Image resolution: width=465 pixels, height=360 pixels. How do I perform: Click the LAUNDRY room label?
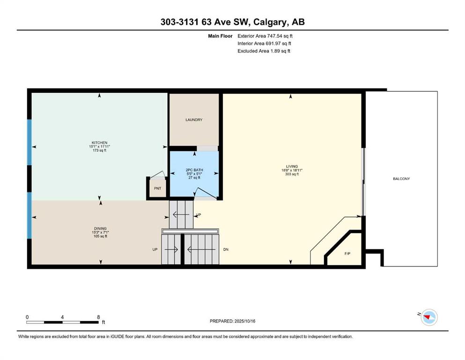tap(194, 120)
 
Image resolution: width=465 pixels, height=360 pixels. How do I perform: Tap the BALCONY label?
tap(401, 179)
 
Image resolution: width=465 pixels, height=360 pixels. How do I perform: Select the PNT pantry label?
tap(157, 188)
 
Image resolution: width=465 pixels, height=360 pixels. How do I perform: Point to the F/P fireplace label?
tap(347, 254)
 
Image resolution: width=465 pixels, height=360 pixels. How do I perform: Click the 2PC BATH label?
tap(194, 170)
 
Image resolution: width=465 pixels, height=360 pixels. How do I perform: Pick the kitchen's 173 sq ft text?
tap(99, 150)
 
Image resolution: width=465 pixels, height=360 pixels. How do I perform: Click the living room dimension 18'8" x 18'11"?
tap(292, 170)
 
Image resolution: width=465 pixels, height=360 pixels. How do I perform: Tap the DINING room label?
tap(100, 229)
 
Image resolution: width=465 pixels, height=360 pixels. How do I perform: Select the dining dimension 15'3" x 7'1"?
tap(100, 232)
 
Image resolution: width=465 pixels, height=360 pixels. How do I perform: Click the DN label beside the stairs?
tap(226, 249)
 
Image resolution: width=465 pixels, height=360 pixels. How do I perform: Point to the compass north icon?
tap(429, 317)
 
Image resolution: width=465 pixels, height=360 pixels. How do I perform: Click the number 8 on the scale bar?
tap(98, 317)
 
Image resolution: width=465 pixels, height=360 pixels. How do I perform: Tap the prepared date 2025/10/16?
tap(244, 321)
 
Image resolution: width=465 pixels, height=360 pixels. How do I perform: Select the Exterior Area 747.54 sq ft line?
tap(265, 36)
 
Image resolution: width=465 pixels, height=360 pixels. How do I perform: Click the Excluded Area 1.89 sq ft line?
tap(264, 51)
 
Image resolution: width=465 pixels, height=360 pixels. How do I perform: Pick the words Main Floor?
tap(220, 36)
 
